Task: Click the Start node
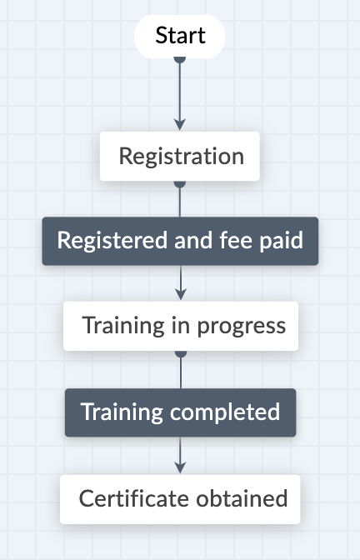[180, 36]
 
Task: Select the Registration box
[180, 156]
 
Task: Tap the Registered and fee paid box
[180, 241]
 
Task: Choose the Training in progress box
[181, 326]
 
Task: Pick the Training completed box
[180, 412]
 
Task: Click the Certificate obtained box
[180, 499]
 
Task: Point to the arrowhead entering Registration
[180, 125]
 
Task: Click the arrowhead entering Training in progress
[181, 295]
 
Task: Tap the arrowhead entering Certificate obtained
[180, 467]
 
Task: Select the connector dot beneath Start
[180, 60]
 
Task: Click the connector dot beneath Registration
[180, 183]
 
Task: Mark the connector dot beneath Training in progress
[181, 353]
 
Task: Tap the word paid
[282, 241]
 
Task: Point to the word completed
[225, 412]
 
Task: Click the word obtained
[242, 498]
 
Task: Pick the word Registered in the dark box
[112, 241]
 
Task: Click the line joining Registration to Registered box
[180, 202]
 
